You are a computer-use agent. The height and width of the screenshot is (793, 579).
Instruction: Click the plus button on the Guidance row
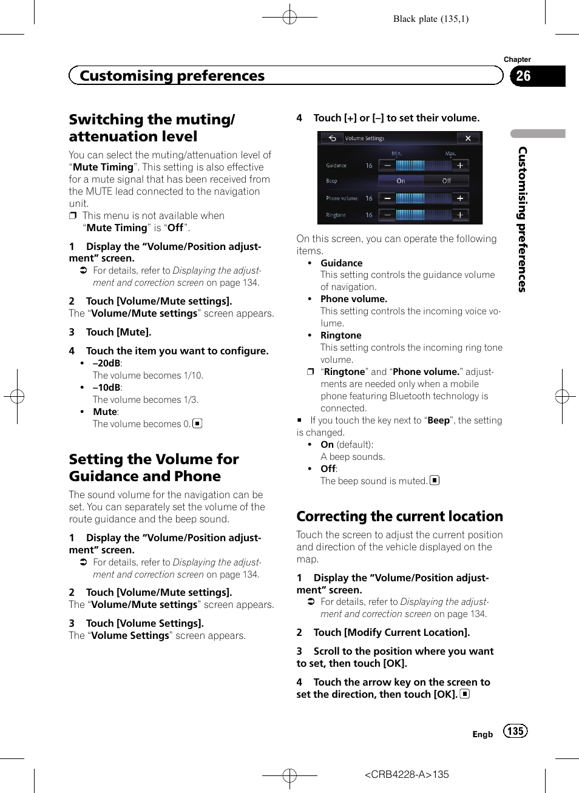click(x=460, y=166)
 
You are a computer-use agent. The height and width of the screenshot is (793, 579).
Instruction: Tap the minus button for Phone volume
click(x=387, y=198)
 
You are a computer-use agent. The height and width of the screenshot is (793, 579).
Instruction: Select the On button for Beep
click(x=401, y=181)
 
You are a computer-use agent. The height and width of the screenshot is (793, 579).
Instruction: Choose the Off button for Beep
click(x=446, y=181)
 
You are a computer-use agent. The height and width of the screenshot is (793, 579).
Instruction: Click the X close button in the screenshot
click(x=468, y=138)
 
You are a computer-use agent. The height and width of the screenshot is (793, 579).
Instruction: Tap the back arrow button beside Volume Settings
click(x=332, y=138)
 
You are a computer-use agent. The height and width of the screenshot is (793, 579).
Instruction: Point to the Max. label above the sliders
click(x=450, y=154)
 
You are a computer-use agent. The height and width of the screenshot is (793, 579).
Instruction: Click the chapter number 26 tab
click(x=524, y=76)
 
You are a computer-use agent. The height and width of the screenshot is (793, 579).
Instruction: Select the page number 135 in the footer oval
click(x=515, y=731)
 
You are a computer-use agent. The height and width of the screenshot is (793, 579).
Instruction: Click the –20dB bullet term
click(x=106, y=363)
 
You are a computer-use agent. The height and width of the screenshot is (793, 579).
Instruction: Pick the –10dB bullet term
click(x=106, y=388)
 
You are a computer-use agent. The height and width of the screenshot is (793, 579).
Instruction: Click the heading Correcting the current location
click(x=399, y=516)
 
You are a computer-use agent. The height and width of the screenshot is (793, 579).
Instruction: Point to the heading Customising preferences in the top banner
click(x=172, y=76)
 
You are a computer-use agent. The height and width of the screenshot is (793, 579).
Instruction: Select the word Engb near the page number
click(x=482, y=734)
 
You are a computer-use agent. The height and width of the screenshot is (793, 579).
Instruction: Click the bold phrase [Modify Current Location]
click(x=407, y=632)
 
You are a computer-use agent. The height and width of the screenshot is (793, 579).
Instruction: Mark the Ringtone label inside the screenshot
click(x=336, y=215)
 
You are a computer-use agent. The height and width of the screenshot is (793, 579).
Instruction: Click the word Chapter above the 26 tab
click(x=517, y=59)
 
